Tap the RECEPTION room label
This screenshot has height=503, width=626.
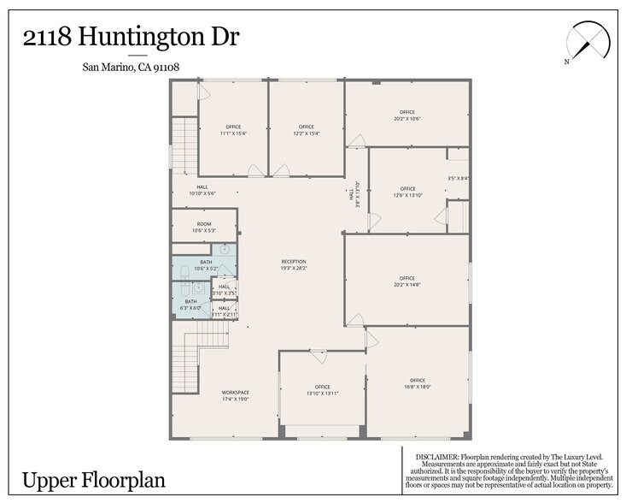coord(294,265)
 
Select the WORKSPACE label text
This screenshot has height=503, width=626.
coord(236,395)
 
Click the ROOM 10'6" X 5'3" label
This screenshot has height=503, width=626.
coord(203,227)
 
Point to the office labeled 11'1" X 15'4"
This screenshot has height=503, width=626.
coord(232,130)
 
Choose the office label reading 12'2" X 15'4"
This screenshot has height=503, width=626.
coord(307,130)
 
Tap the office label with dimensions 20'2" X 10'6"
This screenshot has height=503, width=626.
coord(407,115)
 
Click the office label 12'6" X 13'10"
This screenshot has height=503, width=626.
coord(407,192)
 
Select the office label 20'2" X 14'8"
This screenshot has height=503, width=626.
coord(407,281)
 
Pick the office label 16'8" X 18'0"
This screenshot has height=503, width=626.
coord(417,383)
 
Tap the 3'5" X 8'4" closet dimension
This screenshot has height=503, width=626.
coord(459,178)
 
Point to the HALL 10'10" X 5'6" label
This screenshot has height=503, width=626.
coord(202,190)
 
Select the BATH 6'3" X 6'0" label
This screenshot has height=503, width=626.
coord(191,305)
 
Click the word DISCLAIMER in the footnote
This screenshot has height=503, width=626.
coord(436,458)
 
